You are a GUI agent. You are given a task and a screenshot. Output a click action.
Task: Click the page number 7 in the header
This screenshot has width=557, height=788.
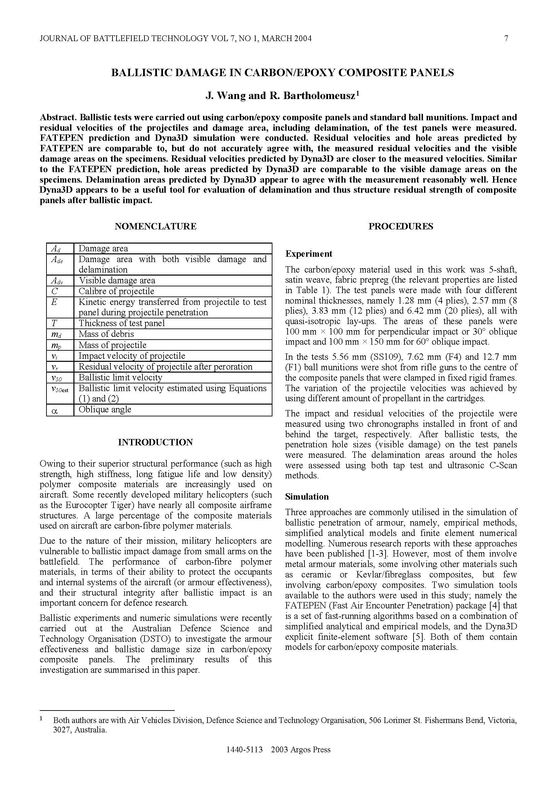(x=506, y=38)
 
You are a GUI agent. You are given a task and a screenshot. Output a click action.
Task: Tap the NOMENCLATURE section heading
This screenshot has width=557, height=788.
(x=155, y=226)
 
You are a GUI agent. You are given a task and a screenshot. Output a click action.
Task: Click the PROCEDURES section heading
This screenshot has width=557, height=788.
(x=401, y=226)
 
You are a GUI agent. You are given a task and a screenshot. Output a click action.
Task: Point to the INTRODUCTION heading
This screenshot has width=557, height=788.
(x=155, y=442)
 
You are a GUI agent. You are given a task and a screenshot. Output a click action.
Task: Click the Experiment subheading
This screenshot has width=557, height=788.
(x=309, y=254)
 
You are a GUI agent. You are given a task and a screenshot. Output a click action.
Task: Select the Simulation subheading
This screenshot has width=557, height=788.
(x=307, y=497)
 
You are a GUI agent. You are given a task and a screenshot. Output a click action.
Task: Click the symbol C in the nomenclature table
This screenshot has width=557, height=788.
(x=55, y=291)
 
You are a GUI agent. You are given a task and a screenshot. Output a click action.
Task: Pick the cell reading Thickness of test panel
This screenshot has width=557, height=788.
(x=122, y=323)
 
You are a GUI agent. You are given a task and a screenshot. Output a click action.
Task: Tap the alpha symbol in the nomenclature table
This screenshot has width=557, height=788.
(x=54, y=410)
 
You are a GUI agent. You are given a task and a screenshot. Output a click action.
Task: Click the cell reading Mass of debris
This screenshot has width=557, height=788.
(x=106, y=334)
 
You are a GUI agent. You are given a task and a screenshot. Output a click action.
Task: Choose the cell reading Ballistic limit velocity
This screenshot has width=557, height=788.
(x=120, y=378)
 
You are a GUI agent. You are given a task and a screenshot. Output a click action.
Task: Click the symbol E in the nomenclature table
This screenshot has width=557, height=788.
(x=54, y=302)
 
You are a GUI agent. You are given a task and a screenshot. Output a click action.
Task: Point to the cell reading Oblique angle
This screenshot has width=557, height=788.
(x=105, y=410)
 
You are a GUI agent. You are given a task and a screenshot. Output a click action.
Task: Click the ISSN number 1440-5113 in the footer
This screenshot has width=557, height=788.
(x=244, y=759)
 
